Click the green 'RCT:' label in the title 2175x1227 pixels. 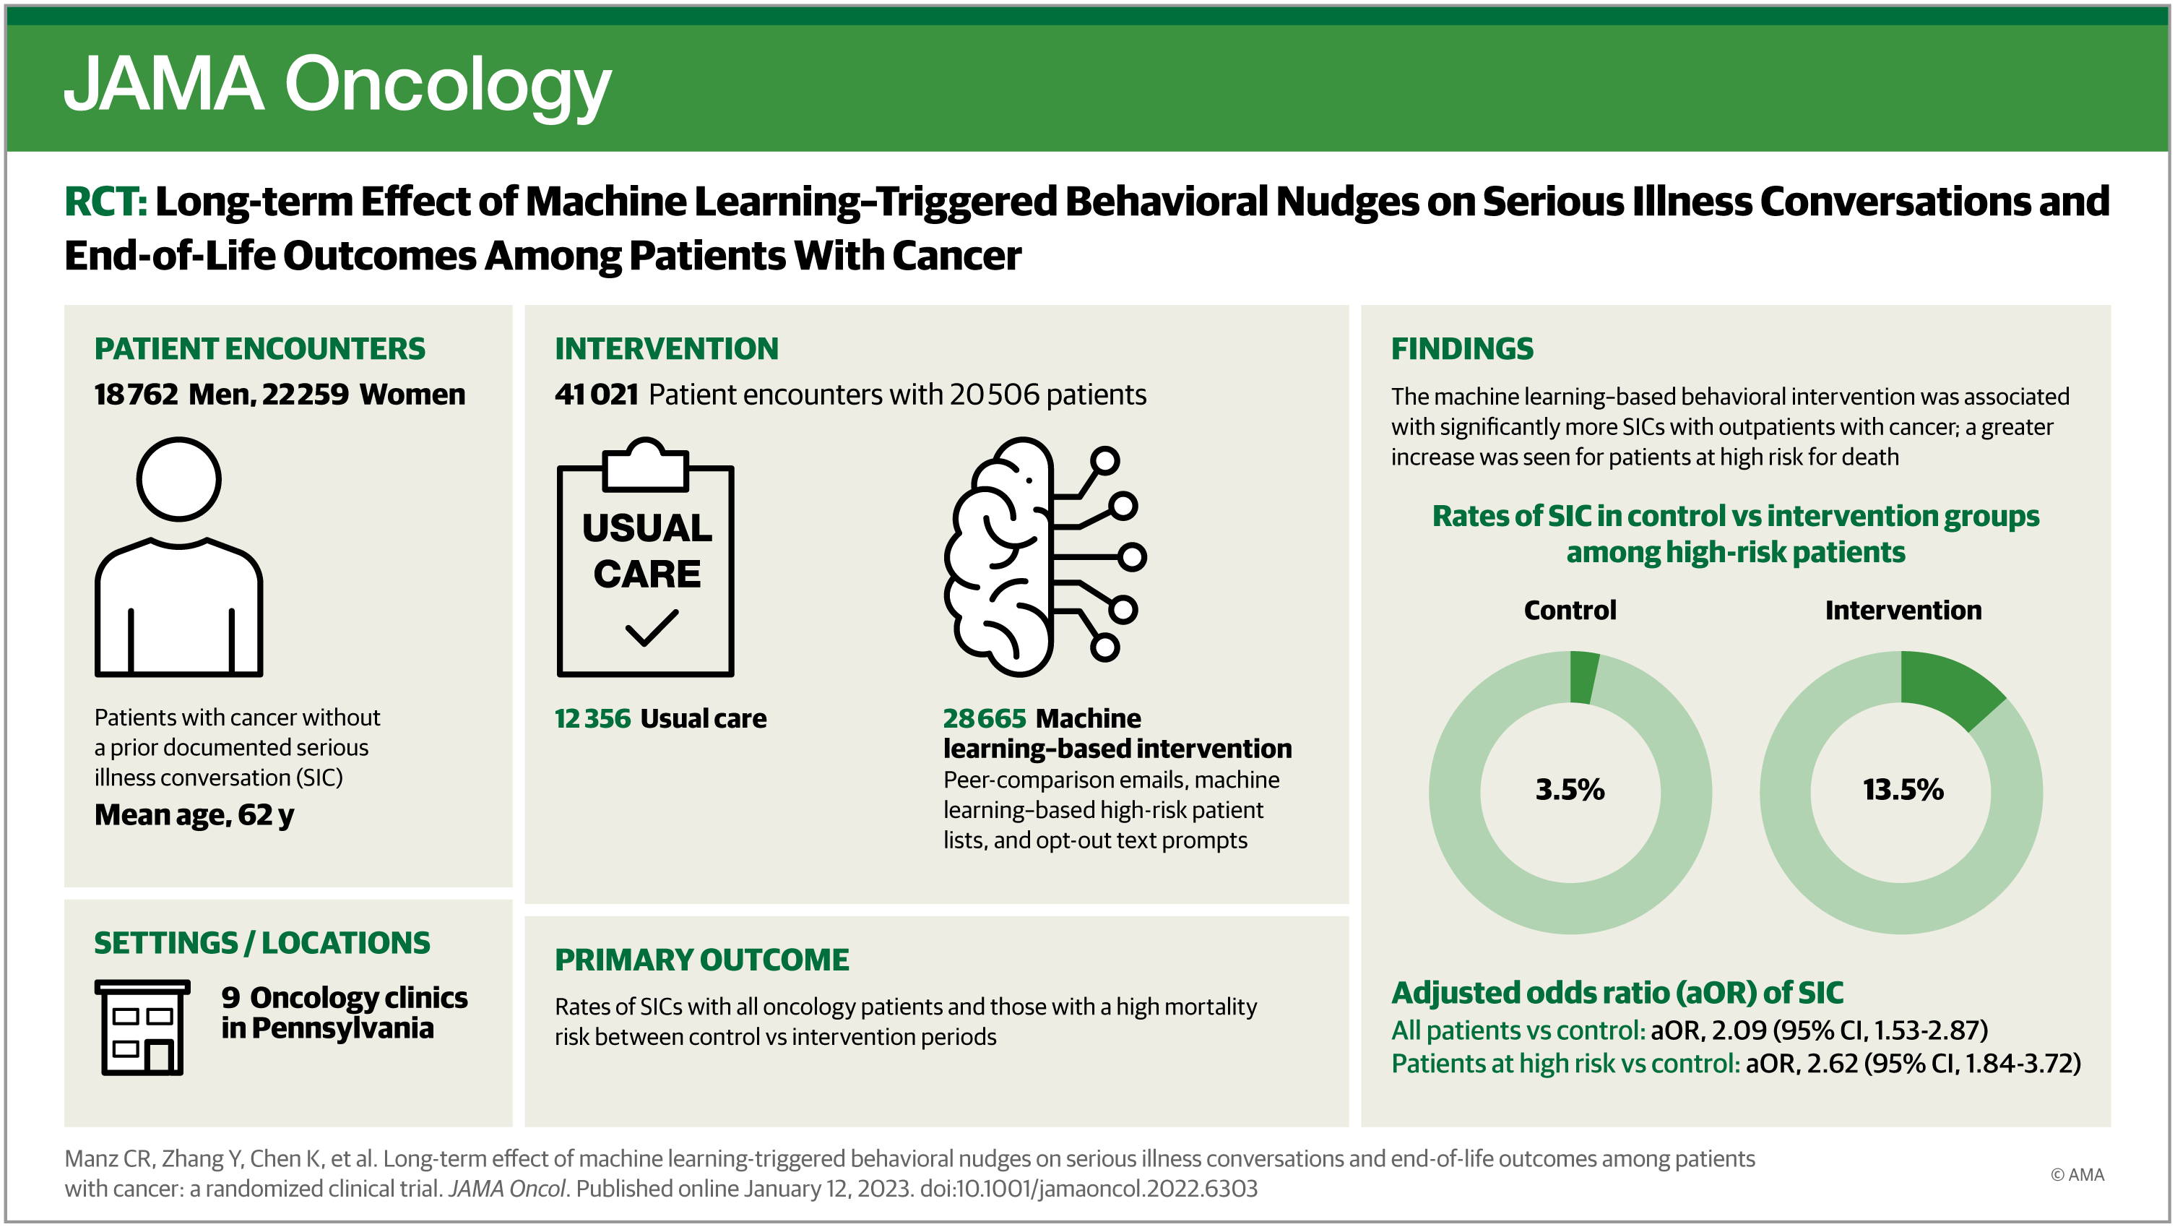tap(105, 202)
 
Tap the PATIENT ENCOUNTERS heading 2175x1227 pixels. tap(259, 349)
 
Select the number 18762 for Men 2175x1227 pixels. tap(136, 395)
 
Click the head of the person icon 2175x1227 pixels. tap(179, 479)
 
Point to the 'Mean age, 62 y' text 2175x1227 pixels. tap(194, 815)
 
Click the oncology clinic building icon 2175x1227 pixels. tap(142, 1027)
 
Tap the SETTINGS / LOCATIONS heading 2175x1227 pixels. tap(261, 942)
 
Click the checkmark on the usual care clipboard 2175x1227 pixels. tap(651, 627)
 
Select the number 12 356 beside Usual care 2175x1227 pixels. tap(592, 718)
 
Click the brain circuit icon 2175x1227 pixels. tap(1043, 557)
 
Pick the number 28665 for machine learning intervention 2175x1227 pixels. tap(984, 718)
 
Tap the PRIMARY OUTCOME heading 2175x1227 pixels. tap(701, 960)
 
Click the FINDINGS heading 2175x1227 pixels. tap(1461, 349)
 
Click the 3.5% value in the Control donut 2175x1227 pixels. tap(1570, 790)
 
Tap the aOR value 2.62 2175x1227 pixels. tap(1832, 1063)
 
